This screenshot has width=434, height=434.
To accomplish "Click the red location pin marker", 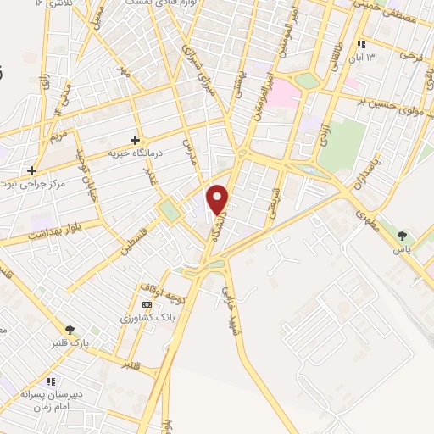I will tap(219, 199).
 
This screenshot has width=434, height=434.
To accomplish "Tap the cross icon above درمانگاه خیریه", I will tap(135, 139).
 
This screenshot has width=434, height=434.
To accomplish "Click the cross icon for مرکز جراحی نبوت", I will tap(32, 170).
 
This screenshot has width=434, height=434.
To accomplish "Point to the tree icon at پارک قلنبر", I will tap(70, 330).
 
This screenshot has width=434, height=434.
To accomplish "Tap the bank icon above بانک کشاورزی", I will tap(147, 304).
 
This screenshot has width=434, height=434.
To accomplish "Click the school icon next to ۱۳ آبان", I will tap(361, 44).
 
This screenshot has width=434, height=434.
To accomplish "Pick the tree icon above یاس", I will tap(401, 236).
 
